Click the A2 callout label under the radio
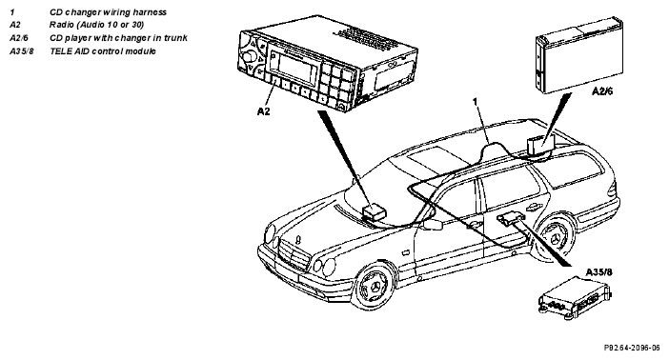tap(263, 111)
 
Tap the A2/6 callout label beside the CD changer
tap(602, 91)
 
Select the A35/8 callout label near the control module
tap(598, 272)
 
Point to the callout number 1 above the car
tap(475, 102)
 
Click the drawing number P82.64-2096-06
tap(632, 348)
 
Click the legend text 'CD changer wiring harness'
tap(108, 12)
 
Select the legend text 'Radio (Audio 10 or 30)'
tap(97, 25)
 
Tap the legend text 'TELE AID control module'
tap(103, 51)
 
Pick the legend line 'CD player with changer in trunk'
tap(118, 38)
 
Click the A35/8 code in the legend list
tap(22, 51)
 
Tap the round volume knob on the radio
tap(250, 56)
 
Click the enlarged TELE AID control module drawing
tap(575, 298)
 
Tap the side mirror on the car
tap(432, 225)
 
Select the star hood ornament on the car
tap(298, 240)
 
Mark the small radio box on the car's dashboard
tap(375, 211)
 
